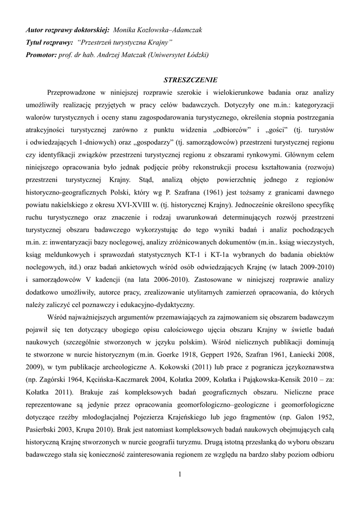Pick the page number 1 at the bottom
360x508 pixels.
click(x=180, y=475)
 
